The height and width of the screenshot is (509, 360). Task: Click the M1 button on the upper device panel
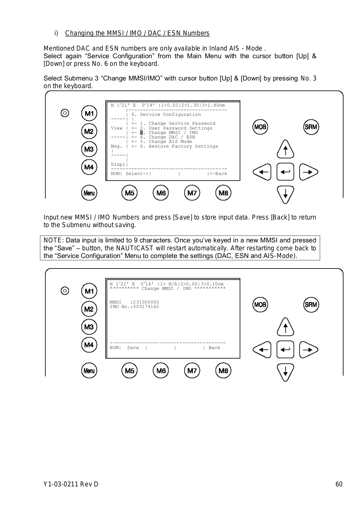89,114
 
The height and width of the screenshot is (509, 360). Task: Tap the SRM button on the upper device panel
311,127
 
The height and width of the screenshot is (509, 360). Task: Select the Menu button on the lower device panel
89,371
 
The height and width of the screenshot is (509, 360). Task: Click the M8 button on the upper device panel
223,193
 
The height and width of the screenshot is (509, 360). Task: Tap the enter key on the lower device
285,350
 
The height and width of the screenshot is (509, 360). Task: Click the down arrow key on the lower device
285,372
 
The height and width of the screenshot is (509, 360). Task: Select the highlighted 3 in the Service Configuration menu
142,133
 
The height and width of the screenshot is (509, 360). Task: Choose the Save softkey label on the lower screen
133,348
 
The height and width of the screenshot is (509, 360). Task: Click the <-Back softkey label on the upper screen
218,174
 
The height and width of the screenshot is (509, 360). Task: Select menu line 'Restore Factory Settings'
183,146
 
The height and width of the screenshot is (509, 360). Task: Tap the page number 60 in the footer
339,485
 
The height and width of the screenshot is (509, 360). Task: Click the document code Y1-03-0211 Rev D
71,485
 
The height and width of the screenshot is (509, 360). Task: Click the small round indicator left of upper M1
65,113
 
